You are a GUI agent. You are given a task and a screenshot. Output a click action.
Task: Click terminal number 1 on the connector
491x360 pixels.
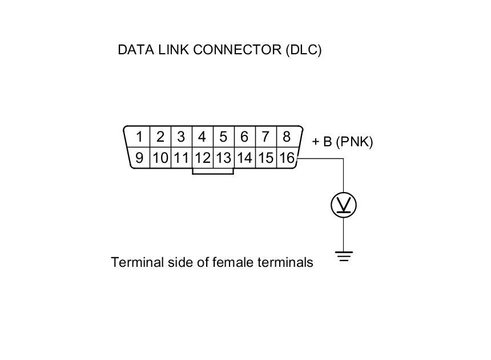pyautogui.click(x=139, y=137)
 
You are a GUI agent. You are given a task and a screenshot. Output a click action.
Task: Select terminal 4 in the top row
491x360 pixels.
pyautogui.click(x=202, y=137)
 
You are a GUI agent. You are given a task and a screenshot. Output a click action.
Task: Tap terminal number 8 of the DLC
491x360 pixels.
pyautogui.click(x=286, y=137)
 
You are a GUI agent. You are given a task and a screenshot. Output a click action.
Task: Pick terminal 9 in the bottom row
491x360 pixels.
pyautogui.click(x=139, y=158)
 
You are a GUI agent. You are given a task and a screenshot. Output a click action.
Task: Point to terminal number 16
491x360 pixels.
pyautogui.click(x=287, y=158)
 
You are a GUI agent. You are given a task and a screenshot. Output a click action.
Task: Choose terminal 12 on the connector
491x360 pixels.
pyautogui.click(x=203, y=158)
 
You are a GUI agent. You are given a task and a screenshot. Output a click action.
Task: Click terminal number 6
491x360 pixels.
pyautogui.click(x=244, y=137)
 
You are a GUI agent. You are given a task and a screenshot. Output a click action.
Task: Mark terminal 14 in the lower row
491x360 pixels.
pyautogui.click(x=244, y=158)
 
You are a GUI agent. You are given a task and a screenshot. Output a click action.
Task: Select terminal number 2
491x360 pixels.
pyautogui.click(x=160, y=137)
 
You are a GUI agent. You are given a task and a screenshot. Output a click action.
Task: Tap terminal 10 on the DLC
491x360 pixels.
pyautogui.click(x=160, y=158)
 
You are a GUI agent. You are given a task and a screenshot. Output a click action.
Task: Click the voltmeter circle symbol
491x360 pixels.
pyautogui.click(x=344, y=205)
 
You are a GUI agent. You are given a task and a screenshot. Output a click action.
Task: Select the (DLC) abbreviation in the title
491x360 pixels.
pyautogui.click(x=304, y=50)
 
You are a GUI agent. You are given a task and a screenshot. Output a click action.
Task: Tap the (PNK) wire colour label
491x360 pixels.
pyautogui.click(x=355, y=142)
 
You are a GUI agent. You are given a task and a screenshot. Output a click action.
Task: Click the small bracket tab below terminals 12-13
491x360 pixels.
pyautogui.click(x=213, y=171)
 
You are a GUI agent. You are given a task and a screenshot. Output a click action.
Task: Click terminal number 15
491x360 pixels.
pyautogui.click(x=265, y=158)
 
